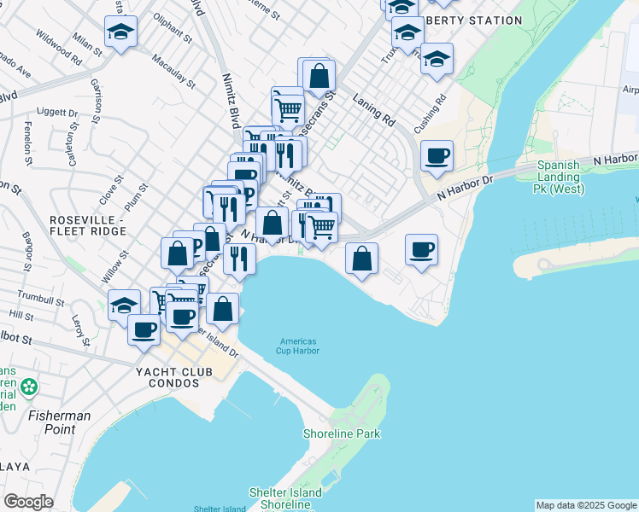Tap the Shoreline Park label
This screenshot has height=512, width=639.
[342, 433]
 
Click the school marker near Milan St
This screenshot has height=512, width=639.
[120, 32]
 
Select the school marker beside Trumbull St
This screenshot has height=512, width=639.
[125, 305]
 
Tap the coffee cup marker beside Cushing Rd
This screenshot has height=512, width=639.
[437, 154]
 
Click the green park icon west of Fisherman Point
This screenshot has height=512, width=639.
[30, 387]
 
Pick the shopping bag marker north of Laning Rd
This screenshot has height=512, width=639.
[318, 75]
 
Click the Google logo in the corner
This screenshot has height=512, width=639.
[28, 502]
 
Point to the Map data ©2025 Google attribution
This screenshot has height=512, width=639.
[586, 505]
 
